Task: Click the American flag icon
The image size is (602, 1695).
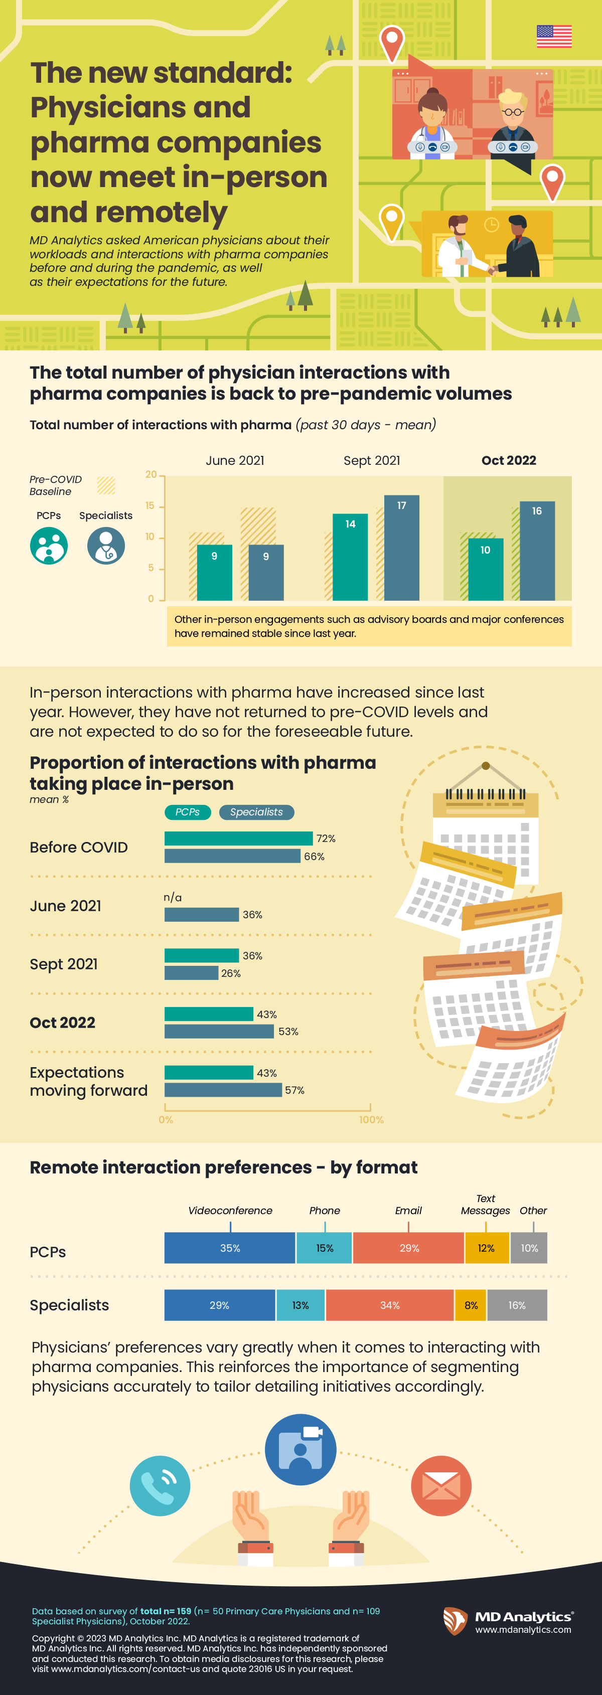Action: (554, 36)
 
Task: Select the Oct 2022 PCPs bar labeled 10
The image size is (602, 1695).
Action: (486, 569)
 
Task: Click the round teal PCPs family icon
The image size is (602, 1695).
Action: (49, 546)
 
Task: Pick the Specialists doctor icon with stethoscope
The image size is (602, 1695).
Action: (106, 546)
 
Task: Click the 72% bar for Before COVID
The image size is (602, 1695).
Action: (238, 838)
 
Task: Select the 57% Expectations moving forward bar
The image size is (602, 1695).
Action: (223, 1090)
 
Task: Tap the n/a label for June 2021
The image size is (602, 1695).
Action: (173, 898)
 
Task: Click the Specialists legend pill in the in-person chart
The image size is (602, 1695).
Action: (256, 812)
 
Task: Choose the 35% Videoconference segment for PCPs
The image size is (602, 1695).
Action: (230, 1248)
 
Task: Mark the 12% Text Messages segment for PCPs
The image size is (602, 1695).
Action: (486, 1248)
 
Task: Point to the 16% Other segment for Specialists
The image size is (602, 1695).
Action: (517, 1305)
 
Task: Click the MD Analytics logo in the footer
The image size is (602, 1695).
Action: (507, 1621)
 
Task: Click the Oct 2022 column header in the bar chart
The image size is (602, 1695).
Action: (509, 460)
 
